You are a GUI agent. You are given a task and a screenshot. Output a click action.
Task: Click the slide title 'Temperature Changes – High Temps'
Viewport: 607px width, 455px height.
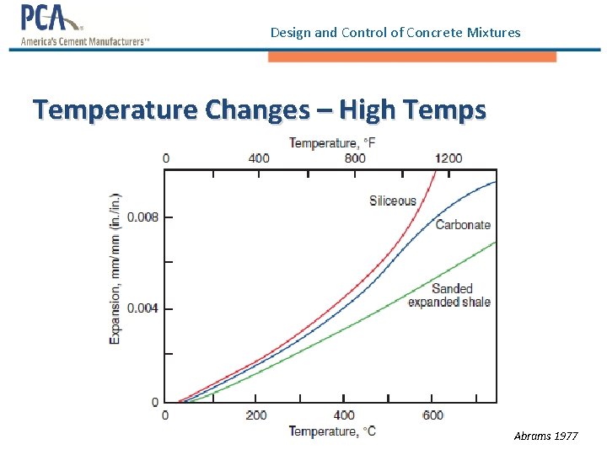pos(259,110)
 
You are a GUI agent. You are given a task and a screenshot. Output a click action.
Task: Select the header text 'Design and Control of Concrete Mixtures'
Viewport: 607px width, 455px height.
pos(395,33)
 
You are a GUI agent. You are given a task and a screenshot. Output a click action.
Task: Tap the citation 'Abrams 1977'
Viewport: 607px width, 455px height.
pos(545,436)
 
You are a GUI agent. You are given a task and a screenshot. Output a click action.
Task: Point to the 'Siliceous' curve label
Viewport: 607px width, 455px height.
pos(393,201)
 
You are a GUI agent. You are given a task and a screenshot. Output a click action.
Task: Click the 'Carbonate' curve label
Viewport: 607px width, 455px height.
pos(463,225)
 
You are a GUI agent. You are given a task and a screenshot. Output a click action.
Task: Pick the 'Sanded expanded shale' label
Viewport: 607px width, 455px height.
pos(449,295)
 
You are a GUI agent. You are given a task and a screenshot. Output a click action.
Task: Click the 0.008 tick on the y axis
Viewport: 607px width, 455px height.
pos(142,217)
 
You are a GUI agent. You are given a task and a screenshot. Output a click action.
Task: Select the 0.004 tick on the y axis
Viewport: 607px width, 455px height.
pos(142,308)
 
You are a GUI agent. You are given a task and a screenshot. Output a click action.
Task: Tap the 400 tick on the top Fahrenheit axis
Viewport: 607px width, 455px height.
pos(259,158)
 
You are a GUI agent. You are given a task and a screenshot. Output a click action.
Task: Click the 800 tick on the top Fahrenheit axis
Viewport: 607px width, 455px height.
pos(355,158)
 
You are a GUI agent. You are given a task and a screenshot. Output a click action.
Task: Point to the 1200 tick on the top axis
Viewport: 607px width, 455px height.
pos(448,158)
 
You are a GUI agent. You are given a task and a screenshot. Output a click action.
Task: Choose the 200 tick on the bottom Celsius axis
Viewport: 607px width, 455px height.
pos(256,415)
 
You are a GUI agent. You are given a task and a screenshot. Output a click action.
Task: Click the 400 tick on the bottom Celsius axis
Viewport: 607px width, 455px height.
pos(344,415)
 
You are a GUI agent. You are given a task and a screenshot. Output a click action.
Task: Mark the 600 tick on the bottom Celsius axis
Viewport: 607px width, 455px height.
pos(432,415)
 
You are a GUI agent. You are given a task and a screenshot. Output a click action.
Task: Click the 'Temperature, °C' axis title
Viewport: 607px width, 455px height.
pos(332,431)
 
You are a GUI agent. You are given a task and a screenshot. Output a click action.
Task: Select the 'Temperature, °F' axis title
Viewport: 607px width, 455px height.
pos(332,143)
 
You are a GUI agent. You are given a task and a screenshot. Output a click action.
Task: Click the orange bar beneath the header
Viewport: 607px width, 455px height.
pos(411,56)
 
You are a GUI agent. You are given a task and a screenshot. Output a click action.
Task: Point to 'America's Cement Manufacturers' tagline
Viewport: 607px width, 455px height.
pos(84,41)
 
